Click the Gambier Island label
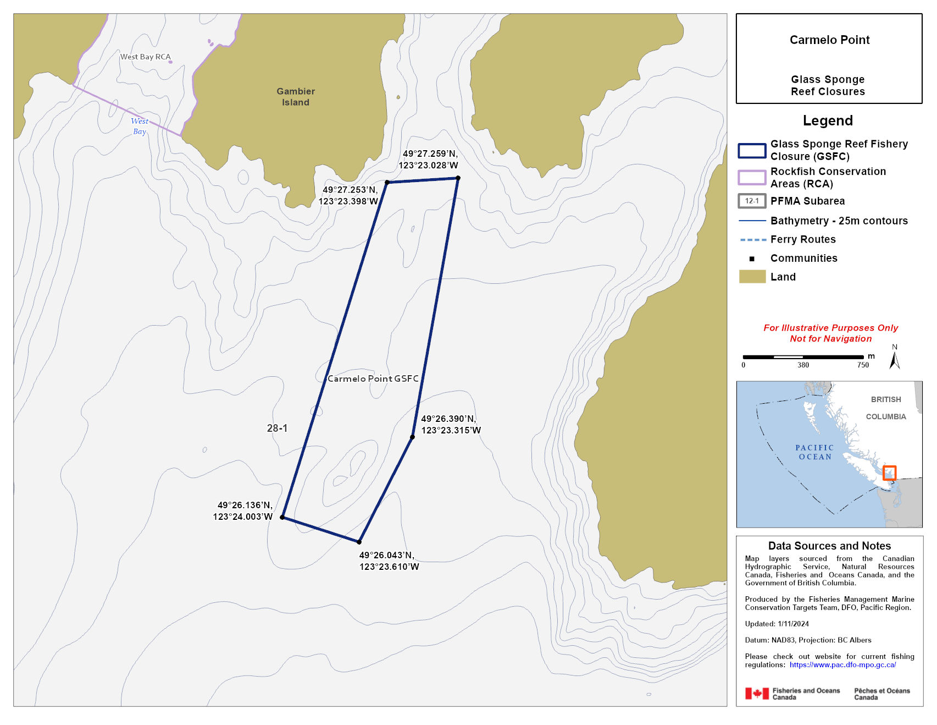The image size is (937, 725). point(296,97)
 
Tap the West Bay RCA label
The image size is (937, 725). point(146,57)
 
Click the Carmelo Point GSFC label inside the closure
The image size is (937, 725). point(373,378)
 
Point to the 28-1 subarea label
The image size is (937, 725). point(277,428)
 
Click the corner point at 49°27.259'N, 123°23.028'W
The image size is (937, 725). point(458,178)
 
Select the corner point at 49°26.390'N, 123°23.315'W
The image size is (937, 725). point(412,437)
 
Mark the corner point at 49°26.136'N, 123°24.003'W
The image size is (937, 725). point(282,517)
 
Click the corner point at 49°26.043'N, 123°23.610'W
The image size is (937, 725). point(359,542)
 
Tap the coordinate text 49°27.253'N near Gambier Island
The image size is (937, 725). point(350,190)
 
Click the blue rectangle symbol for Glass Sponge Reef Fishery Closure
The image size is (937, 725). point(752,150)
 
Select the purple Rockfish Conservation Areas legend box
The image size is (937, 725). point(752,177)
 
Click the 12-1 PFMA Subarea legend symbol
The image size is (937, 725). point(752,201)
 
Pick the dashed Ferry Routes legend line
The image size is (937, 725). point(752,240)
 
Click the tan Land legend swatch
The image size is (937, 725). point(752,277)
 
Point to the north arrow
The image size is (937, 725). point(895,359)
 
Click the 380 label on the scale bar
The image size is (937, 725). point(803,365)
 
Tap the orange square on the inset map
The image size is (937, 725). point(889,473)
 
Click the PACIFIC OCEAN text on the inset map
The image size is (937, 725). point(814,452)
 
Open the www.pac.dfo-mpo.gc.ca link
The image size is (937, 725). point(842,664)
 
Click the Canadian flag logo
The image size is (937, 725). point(757,694)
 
